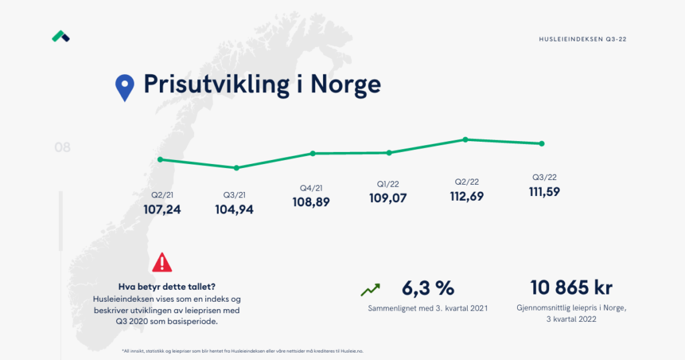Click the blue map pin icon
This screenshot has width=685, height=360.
[x=124, y=86]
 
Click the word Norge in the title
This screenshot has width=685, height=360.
[x=346, y=85]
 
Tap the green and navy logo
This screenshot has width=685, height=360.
[x=61, y=36]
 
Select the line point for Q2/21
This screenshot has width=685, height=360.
[x=160, y=159]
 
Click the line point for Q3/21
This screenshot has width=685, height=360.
[x=236, y=167]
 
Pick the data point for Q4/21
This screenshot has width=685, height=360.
[x=312, y=153]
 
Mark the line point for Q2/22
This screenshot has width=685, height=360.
[x=465, y=139]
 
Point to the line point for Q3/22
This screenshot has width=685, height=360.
[x=541, y=143]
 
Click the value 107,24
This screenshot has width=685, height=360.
[x=162, y=209]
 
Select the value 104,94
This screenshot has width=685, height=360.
[x=235, y=209]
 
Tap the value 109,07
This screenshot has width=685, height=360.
[x=388, y=198]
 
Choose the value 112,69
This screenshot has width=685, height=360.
[x=467, y=197]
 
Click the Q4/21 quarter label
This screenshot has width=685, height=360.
[x=312, y=188]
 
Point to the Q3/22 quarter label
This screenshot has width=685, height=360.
[x=544, y=177]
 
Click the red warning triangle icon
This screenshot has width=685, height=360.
[x=162, y=262]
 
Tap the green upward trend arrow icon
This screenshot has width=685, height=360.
[x=370, y=290]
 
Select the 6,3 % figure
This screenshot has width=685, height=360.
[x=427, y=288]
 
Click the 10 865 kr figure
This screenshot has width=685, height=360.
[x=571, y=288]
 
